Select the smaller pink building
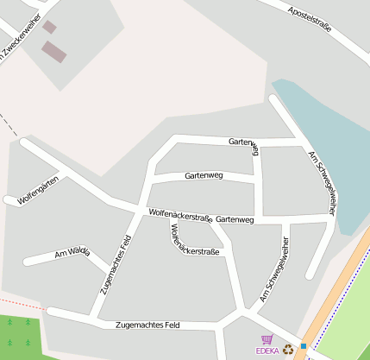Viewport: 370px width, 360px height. click(x=49, y=28)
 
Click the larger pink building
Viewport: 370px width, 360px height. click(x=54, y=52)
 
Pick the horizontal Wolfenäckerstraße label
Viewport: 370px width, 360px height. click(x=180, y=214)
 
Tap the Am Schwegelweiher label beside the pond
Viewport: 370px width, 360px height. click(x=321, y=181)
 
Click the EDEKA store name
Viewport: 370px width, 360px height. click(x=267, y=351)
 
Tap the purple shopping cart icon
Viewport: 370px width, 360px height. click(x=267, y=339)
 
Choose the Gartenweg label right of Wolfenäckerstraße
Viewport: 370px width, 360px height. click(x=235, y=220)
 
